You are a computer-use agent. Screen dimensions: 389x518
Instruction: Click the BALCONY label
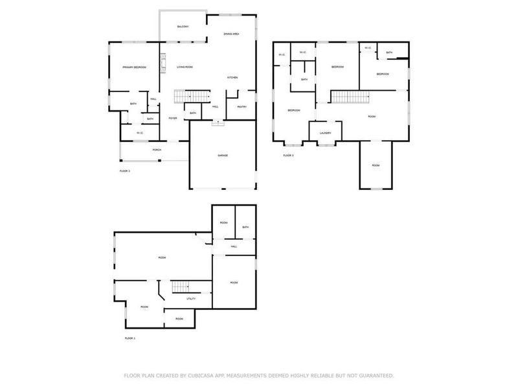click(183, 27)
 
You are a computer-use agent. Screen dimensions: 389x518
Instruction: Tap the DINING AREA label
click(232, 33)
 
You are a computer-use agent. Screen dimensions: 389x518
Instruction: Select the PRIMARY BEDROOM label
click(135, 67)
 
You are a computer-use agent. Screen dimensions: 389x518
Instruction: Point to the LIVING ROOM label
click(185, 67)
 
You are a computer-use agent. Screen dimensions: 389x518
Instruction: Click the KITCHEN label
click(232, 78)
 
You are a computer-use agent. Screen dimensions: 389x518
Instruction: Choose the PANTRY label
click(242, 107)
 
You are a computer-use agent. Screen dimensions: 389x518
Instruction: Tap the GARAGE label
click(222, 156)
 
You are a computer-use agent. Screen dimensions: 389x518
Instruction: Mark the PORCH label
click(156, 150)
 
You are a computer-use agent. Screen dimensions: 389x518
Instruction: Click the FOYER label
click(173, 118)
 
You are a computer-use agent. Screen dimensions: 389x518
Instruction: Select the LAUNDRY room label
click(326, 134)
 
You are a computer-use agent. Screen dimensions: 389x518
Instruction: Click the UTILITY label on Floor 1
click(191, 299)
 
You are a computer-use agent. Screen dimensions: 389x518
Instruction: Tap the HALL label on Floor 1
click(234, 246)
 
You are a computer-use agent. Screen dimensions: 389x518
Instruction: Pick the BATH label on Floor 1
click(245, 227)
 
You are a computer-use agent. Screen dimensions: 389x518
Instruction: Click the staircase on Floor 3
click(350, 97)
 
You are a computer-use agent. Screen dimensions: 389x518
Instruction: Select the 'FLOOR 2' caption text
click(125, 171)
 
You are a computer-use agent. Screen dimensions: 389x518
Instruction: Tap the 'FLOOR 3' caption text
click(288, 156)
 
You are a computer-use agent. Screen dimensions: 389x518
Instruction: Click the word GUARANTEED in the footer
click(373, 375)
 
